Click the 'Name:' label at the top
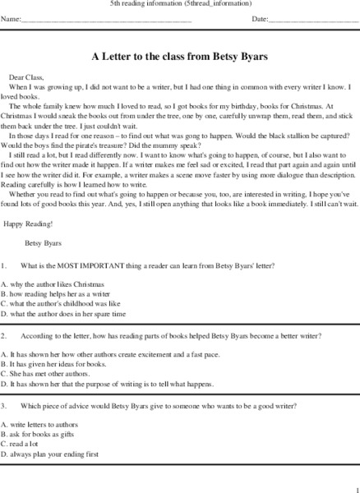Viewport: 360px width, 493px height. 12,18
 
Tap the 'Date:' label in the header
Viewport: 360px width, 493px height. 260,18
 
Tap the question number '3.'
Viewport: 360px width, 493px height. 4,407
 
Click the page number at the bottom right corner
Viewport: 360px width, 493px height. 356,486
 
